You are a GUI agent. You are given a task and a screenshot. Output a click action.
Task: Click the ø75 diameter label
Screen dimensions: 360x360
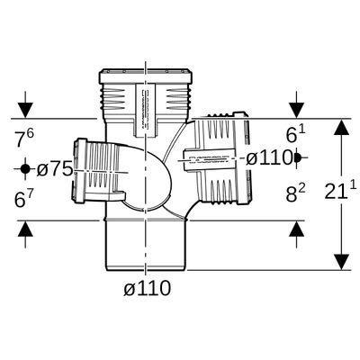[x=55, y=169]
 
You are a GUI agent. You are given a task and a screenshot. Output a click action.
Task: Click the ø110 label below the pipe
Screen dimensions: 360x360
[x=148, y=289]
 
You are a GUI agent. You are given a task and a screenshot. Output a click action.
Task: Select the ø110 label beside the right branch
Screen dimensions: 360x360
[x=269, y=158]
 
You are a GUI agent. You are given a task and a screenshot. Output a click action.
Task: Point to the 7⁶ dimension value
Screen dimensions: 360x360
[x=24, y=138]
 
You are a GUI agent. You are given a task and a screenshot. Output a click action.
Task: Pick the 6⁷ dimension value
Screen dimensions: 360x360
[x=24, y=198]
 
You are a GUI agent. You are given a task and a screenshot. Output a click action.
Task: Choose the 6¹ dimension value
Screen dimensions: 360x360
[x=295, y=133]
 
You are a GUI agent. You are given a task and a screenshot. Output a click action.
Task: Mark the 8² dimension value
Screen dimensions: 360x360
[x=295, y=193]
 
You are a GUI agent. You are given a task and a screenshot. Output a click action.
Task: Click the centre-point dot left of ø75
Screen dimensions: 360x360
[x=25, y=169]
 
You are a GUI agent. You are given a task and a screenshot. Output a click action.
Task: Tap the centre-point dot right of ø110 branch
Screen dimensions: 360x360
[x=297, y=157]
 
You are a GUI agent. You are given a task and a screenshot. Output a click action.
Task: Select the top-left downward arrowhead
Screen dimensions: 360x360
[x=25, y=110]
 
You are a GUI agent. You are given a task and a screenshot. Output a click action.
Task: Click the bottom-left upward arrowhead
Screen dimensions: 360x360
[x=25, y=229]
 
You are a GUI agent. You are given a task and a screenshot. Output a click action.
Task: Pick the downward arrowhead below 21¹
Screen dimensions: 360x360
[x=341, y=262]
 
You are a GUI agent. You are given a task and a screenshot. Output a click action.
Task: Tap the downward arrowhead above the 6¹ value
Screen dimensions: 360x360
[x=297, y=110]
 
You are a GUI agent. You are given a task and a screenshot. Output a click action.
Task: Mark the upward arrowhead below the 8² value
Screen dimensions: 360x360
[x=297, y=229]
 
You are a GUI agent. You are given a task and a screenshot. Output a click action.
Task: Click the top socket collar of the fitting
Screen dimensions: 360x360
[x=146, y=76]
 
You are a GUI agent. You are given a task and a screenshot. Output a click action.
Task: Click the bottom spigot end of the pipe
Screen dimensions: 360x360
[x=146, y=246]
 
